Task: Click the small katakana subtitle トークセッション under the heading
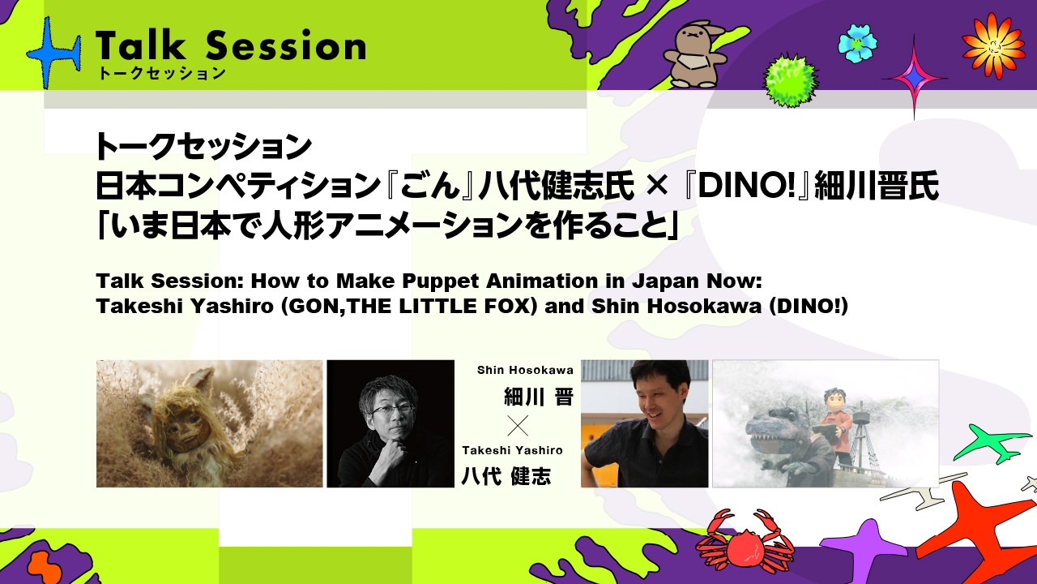pos(160,74)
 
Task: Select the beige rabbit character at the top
pos(693,55)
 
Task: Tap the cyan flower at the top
pos(856,43)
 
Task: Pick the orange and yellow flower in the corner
pos(992,45)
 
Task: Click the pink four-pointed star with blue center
pos(914,77)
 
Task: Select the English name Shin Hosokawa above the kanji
pos(525,370)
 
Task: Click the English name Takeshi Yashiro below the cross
pos(512,450)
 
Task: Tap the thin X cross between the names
pos(517,425)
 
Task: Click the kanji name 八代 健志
pos(506,477)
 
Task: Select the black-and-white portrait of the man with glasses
pos(390,423)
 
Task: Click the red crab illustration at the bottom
pos(743,541)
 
